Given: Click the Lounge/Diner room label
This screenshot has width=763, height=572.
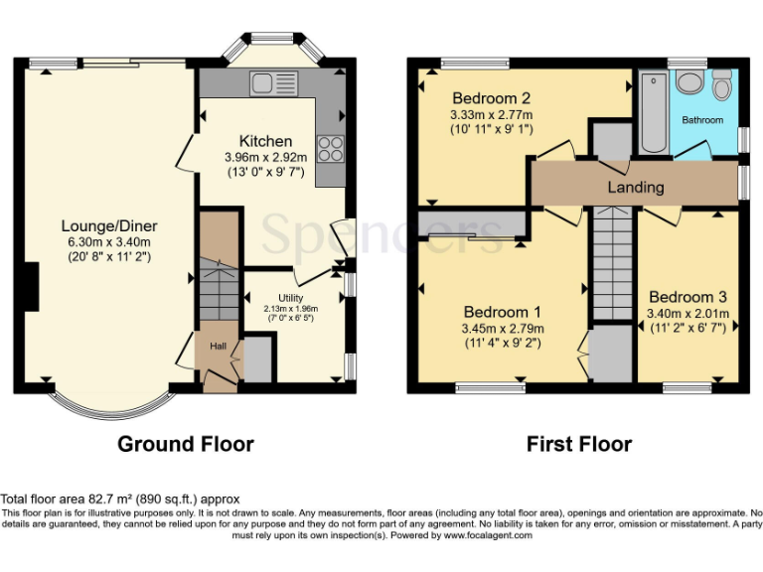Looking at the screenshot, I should pos(109,226).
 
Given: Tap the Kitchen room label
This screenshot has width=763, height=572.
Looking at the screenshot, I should pos(265,141).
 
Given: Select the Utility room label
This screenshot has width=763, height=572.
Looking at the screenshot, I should pos(290,297).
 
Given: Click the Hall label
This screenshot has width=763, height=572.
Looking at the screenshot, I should pos(217,346).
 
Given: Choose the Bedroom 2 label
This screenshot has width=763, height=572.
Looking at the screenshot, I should pos(491,98).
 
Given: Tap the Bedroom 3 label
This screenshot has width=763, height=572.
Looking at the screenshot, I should pos(687,297).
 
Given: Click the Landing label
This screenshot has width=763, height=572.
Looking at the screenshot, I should pos(636,187).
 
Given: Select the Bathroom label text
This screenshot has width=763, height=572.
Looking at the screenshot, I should pos(702,120).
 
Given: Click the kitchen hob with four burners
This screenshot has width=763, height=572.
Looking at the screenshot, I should pos(330,148).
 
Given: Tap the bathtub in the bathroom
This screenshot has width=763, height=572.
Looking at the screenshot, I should pos(654,111).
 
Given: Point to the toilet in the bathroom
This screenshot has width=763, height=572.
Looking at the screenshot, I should pos(722,86).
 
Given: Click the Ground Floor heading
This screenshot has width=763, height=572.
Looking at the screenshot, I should pos(186,444).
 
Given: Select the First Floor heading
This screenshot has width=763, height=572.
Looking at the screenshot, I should pos(578,444).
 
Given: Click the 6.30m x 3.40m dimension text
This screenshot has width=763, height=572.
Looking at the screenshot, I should pos(109,241).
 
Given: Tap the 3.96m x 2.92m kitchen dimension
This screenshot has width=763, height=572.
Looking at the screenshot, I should pos(265,157).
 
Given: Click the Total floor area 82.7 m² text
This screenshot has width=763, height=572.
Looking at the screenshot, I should pos(120,499).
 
